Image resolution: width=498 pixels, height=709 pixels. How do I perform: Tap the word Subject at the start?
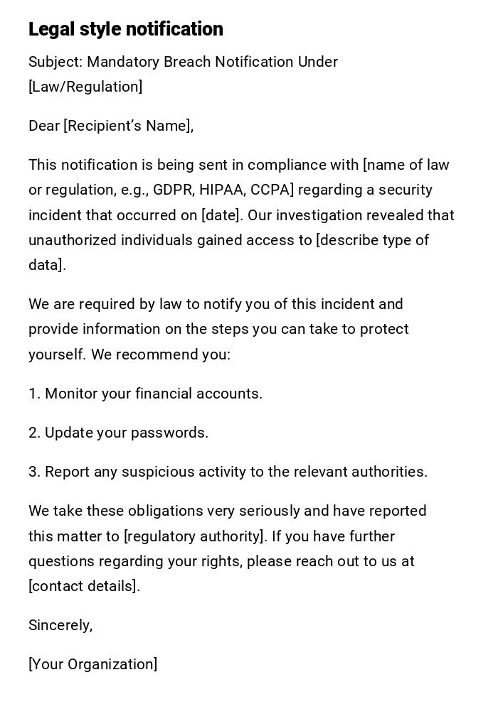pos(55,62)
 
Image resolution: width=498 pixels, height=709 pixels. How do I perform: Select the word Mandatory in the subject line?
pos(123,62)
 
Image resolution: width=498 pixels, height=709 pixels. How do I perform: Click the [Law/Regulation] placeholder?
pos(85,87)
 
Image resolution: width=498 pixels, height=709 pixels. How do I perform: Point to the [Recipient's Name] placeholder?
pos(128,126)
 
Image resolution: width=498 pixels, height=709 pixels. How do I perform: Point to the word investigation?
pos(315,215)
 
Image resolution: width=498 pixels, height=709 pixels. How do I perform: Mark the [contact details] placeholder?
pos(84,586)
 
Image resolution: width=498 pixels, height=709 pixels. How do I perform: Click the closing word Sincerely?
pos(60,625)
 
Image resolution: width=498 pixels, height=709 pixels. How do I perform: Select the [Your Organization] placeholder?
pos(92,664)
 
